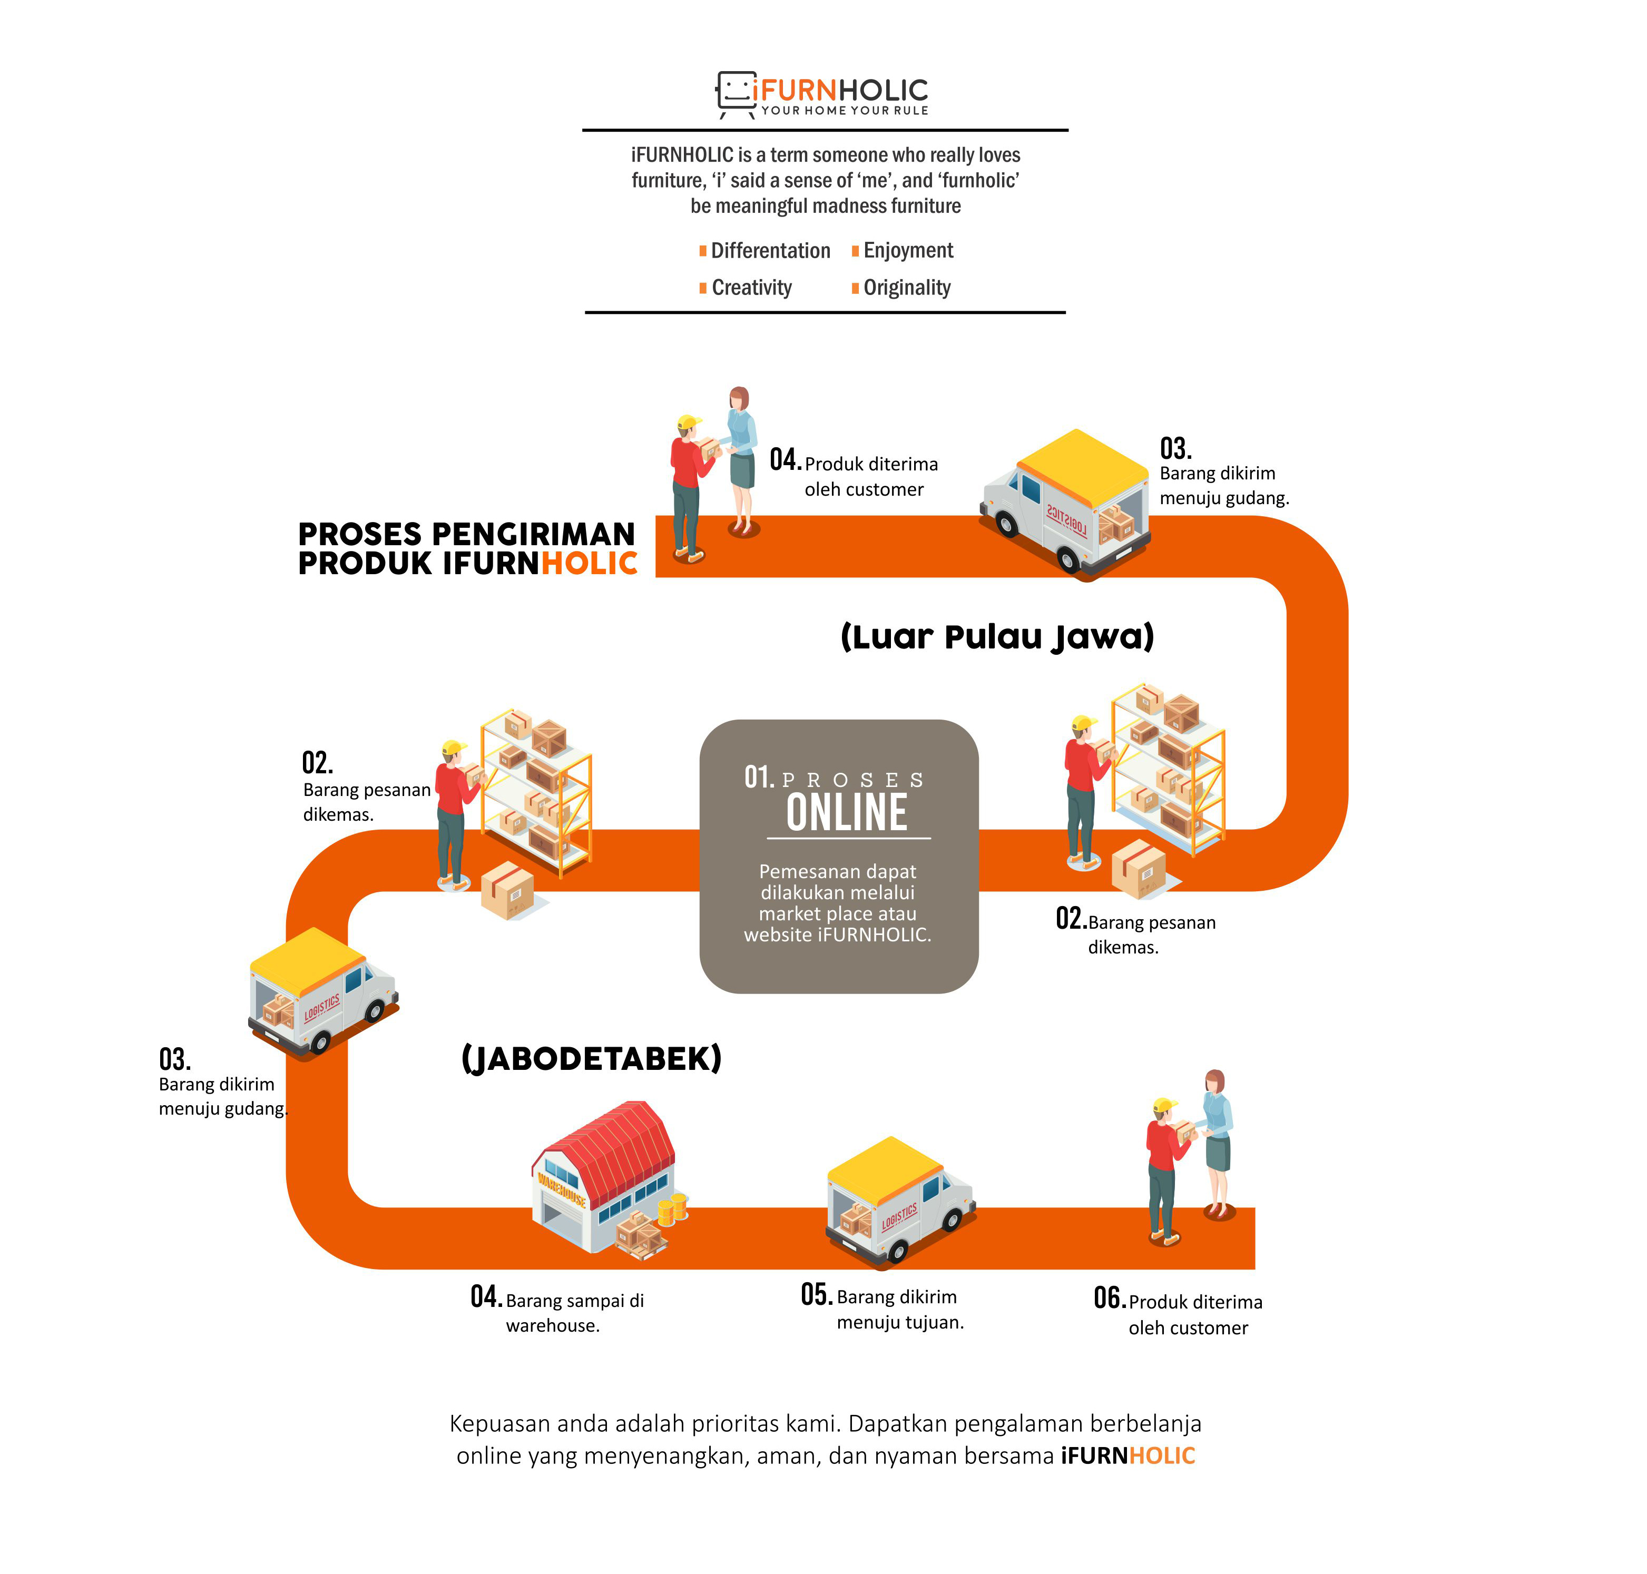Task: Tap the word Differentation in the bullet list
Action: pyautogui.click(x=770, y=251)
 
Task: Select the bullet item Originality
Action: pyautogui.click(x=906, y=288)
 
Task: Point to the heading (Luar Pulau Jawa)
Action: pyautogui.click(x=997, y=637)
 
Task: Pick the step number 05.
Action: pyautogui.click(x=816, y=1295)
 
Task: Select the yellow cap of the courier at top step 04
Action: pyautogui.click(x=689, y=422)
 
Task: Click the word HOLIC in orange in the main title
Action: pyautogui.click(x=589, y=564)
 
